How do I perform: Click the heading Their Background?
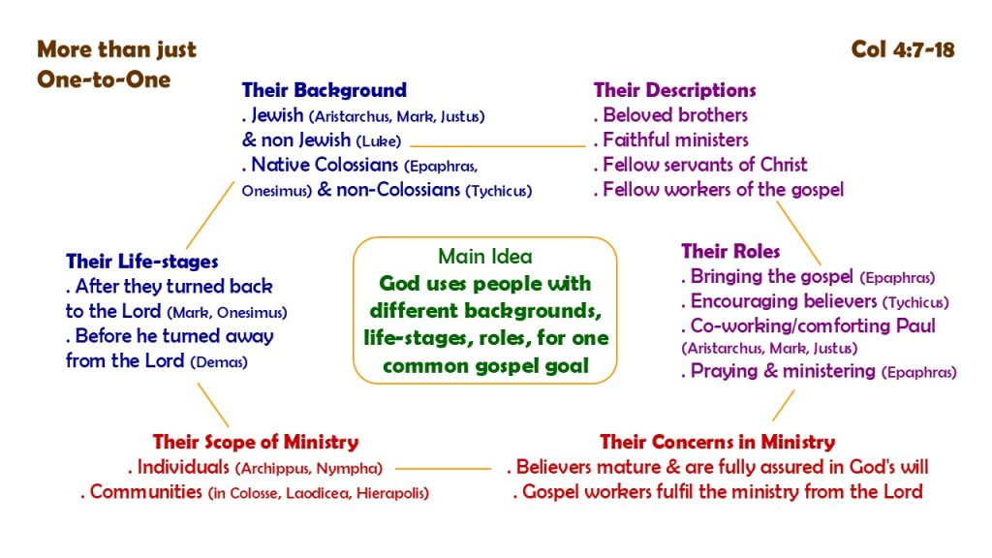point(324,90)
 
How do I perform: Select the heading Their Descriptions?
point(674,90)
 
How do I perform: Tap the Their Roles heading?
point(730,251)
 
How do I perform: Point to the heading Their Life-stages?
point(142,262)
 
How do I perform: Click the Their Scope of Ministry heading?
point(256,442)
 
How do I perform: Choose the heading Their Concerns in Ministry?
point(718,442)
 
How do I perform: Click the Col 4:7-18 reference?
point(903,49)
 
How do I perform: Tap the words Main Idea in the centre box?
point(485,256)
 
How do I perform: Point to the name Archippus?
point(275,469)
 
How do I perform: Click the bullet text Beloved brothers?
point(675,115)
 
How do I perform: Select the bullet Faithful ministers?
point(675,139)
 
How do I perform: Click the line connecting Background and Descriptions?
point(498,146)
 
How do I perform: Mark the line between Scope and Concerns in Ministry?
point(443,469)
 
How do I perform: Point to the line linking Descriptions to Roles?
point(798,232)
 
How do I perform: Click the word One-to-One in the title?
point(104,79)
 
